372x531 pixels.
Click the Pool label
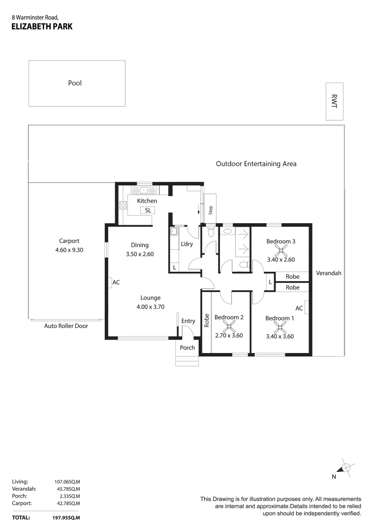tap(75, 83)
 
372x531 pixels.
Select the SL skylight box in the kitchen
tap(148, 210)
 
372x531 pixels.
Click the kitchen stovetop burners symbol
tap(123, 206)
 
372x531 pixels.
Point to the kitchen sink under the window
tap(144, 190)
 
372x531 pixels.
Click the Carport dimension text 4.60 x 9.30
tap(69, 250)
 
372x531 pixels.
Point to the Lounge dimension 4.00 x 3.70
tap(150, 307)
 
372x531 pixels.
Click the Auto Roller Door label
tap(66, 325)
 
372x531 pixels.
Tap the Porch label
tap(187, 348)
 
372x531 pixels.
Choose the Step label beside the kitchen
tap(210, 210)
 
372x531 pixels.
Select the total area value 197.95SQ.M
tap(66, 518)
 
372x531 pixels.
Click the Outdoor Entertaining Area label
tap(256, 164)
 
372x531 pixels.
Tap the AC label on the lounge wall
tap(116, 283)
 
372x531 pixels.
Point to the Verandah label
tap(328, 273)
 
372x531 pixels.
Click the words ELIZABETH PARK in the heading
tap(42, 27)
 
